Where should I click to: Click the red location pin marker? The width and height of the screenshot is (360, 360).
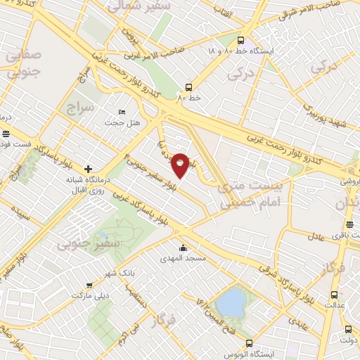(x=181, y=165)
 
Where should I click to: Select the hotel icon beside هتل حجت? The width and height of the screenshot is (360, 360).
(x=122, y=112)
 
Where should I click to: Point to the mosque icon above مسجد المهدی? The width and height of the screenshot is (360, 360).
(x=184, y=247)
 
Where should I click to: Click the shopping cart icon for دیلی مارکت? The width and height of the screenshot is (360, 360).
(x=89, y=285)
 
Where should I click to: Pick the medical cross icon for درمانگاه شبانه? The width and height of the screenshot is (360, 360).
(x=88, y=168)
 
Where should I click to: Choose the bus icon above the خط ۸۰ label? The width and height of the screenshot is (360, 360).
(x=188, y=88)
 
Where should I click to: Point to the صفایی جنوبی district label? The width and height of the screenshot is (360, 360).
(x=23, y=61)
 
